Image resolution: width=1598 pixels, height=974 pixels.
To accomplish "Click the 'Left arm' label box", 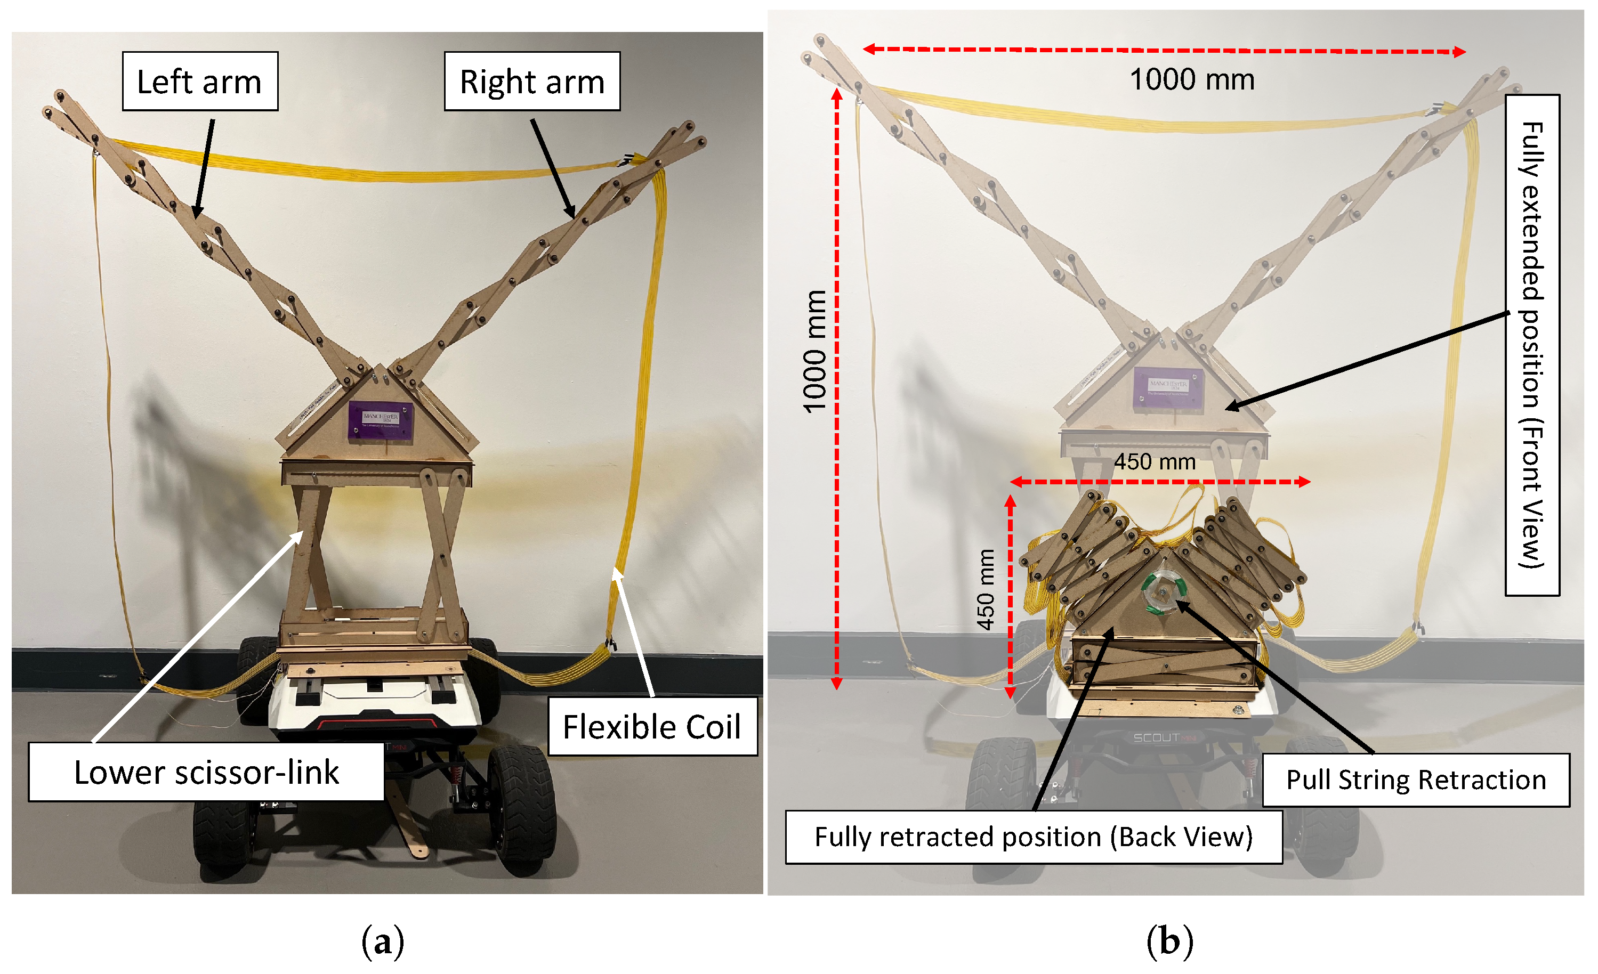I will coord(200,82).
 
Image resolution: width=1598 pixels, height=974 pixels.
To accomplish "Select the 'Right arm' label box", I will coord(532,82).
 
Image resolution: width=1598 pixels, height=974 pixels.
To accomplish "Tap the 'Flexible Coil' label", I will coord(652,726).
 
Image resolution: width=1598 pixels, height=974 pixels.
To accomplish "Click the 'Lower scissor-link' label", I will coord(206,772).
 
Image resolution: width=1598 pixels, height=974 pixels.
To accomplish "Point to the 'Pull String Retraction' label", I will coord(1416,780).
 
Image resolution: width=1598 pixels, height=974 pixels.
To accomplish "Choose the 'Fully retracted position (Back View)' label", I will coord(1033,837).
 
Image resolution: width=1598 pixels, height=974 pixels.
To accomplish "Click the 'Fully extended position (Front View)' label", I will coord(1532,345).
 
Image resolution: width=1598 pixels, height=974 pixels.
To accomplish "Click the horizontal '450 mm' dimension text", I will coord(1155,462).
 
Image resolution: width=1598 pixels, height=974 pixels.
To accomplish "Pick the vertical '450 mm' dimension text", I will coord(986,589).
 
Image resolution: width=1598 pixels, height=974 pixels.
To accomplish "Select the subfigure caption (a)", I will coord(382,941).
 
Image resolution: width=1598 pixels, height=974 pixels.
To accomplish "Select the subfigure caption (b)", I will coord(1169,941).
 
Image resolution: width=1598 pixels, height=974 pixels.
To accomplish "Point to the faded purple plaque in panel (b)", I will coord(1168,387).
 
